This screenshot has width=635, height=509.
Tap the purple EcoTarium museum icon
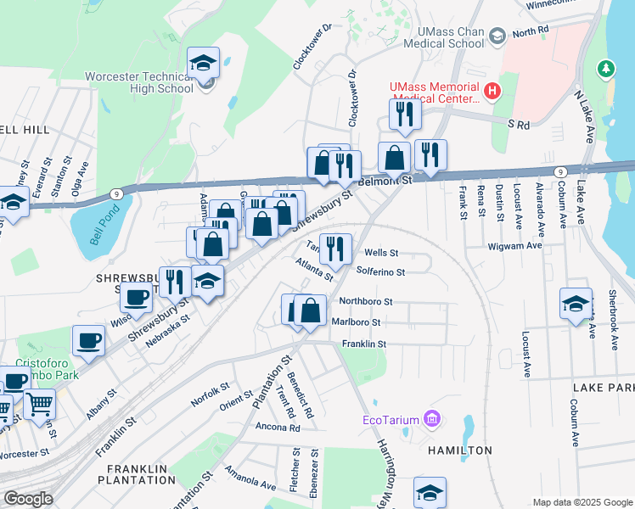click(432, 418)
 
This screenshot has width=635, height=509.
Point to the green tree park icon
click(605, 68)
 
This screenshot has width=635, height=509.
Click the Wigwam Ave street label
click(514, 246)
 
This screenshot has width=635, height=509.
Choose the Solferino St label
click(381, 272)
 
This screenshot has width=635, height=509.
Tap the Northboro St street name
click(365, 301)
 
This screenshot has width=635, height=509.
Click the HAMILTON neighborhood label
click(459, 450)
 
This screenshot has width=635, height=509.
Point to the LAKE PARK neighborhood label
click(604, 387)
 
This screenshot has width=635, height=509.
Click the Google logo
click(27, 499)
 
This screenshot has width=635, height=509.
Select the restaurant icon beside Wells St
click(335, 248)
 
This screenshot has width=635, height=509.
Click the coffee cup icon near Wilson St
click(136, 297)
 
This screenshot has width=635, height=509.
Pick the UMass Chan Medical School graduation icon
click(497, 35)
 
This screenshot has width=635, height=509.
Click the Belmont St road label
click(385, 181)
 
